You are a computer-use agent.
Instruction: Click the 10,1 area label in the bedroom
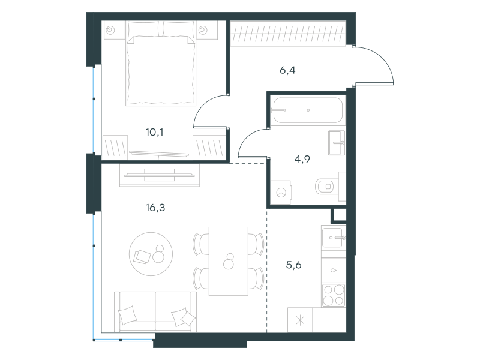tap(154, 132)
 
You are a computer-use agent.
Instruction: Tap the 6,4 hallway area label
tap(287, 70)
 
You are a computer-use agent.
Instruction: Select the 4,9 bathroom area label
tap(302, 159)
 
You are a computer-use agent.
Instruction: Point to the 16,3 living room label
tap(155, 208)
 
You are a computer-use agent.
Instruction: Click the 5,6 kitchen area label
tap(293, 265)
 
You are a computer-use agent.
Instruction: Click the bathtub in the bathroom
tap(308, 110)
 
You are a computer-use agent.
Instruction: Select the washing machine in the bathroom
tap(281, 192)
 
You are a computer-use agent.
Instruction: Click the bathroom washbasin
tap(337, 143)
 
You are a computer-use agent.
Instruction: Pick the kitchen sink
tap(334, 238)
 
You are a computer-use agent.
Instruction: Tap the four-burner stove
tap(334, 295)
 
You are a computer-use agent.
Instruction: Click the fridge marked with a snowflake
tap(300, 320)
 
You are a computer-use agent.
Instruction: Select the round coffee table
tap(151, 254)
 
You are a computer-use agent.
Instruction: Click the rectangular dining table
tap(229, 261)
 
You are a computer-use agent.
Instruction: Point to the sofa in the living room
tap(155, 311)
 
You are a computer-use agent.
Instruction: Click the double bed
tap(161, 64)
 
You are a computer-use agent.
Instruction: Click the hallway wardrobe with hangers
tap(288, 34)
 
